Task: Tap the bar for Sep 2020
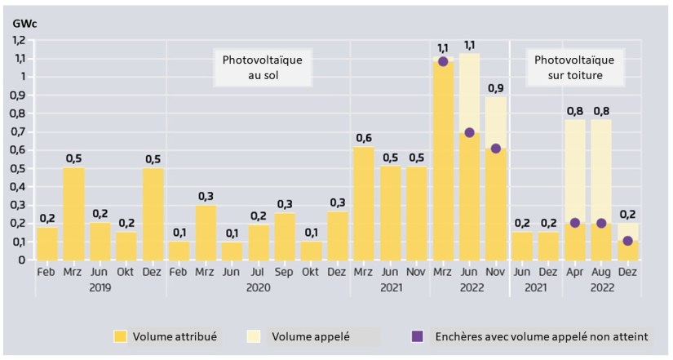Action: pos(285,236)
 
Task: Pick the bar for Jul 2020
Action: pos(258,242)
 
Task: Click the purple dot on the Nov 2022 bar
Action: pos(496,149)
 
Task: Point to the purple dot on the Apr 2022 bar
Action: pos(574,223)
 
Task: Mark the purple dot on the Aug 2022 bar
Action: pos(602,223)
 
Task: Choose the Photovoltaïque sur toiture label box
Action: pos(574,67)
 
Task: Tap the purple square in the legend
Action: pos(417,335)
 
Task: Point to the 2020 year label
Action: pos(258,287)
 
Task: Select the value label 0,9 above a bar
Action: pos(496,87)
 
